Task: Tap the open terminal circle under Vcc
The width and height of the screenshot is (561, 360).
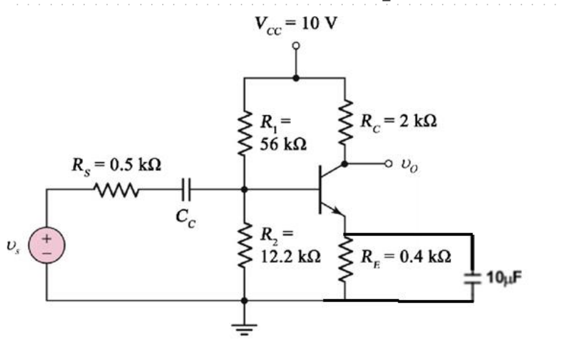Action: tap(296, 46)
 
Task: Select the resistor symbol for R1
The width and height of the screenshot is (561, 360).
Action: tap(245, 132)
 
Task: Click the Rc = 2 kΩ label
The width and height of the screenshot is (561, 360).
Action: tap(398, 121)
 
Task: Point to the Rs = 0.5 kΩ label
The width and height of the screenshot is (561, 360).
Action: tap(116, 166)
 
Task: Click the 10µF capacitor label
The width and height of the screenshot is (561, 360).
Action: tap(504, 277)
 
